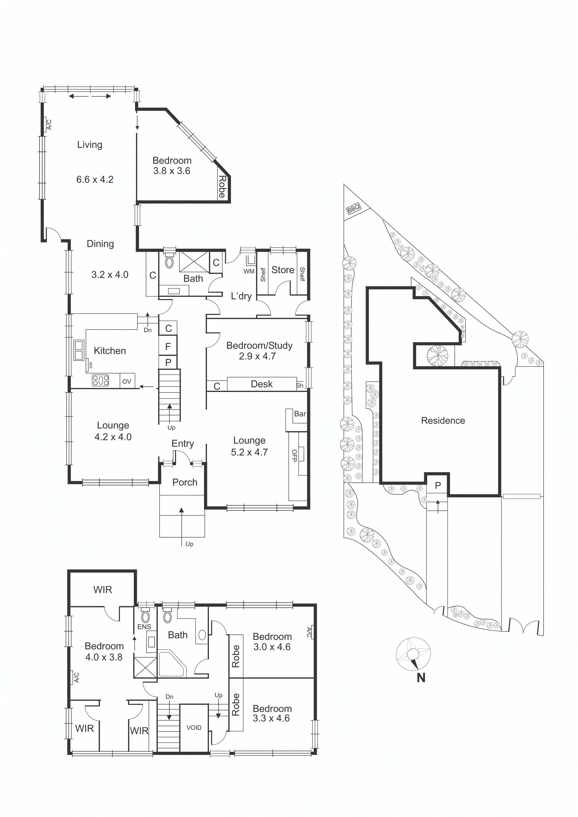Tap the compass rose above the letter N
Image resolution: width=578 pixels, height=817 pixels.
413,654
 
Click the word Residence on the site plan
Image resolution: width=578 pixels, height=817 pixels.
443,421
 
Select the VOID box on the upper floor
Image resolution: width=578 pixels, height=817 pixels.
194,728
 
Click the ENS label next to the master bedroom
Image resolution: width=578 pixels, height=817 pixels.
144,627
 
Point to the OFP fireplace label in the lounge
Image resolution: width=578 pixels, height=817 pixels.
294,455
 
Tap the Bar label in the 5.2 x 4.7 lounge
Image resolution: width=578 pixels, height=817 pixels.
300,414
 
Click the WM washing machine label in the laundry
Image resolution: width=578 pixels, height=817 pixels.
249,271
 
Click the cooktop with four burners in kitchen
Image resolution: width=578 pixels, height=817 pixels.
100,381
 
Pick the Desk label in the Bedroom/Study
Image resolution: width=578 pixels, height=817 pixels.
262,384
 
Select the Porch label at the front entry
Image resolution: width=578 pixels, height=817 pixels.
185,482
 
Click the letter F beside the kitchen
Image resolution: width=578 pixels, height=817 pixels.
168,346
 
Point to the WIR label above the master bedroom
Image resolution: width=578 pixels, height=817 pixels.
103,590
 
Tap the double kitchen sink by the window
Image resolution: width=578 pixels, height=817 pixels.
79,350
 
